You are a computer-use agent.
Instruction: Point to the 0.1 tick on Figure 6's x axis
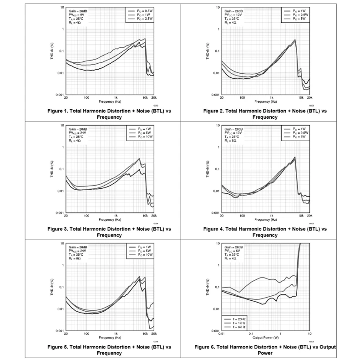tap(251, 334)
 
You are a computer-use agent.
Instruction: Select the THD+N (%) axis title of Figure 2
tap(207, 51)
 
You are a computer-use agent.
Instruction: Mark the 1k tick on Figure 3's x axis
tap(116, 216)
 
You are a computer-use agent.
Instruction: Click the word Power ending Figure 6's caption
tap(265, 353)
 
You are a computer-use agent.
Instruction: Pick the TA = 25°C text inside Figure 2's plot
tap(232, 19)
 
